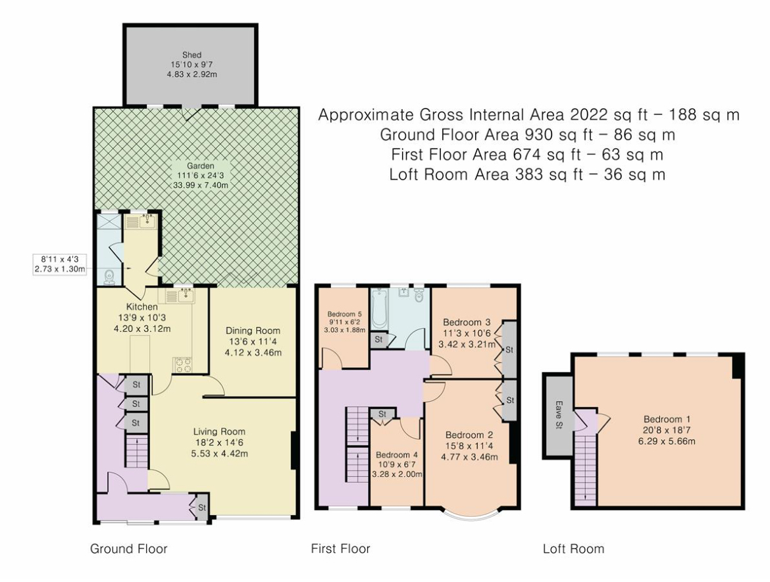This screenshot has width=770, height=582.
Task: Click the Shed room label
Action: point(192,55)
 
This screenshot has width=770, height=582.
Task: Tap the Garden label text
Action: point(200,166)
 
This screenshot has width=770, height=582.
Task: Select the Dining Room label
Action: point(253,331)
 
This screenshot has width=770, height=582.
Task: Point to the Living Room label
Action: point(219,432)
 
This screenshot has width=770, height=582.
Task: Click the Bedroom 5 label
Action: point(345,314)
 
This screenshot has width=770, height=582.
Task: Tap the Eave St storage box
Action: point(558,415)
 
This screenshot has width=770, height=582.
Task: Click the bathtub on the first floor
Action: point(379,309)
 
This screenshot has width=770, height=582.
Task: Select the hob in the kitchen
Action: point(182,364)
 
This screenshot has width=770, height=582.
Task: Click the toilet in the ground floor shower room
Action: point(109,278)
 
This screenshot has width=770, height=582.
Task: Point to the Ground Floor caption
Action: point(128,548)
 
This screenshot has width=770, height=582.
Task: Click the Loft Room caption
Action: point(574,548)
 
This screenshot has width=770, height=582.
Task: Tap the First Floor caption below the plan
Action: point(340,548)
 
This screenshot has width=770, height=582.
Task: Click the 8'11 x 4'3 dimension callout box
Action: point(60,264)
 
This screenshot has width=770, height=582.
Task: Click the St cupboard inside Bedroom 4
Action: point(382,415)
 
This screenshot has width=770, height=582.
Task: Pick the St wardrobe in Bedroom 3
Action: point(509,350)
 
